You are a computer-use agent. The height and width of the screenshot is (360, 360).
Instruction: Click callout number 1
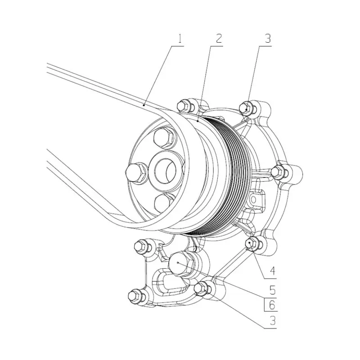click(x=180, y=39)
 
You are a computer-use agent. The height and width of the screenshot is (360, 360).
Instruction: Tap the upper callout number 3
click(x=268, y=39)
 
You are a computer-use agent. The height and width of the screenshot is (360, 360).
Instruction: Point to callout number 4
click(x=272, y=271)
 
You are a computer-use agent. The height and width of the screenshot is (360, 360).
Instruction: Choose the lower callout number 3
click(x=272, y=321)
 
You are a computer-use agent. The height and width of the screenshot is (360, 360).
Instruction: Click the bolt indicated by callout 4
click(x=251, y=243)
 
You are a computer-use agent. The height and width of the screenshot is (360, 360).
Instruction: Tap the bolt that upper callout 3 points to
click(x=245, y=107)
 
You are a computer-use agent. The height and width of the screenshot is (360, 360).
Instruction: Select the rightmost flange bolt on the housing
click(x=279, y=171)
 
